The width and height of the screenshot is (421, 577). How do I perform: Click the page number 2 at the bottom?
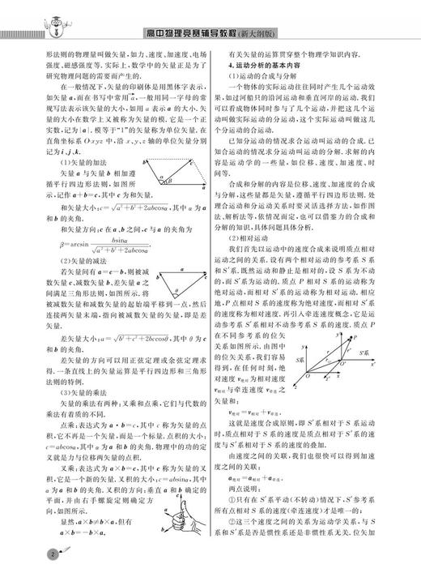tap(30, 557)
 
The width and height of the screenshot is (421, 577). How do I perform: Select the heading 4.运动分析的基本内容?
tap(271, 63)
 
